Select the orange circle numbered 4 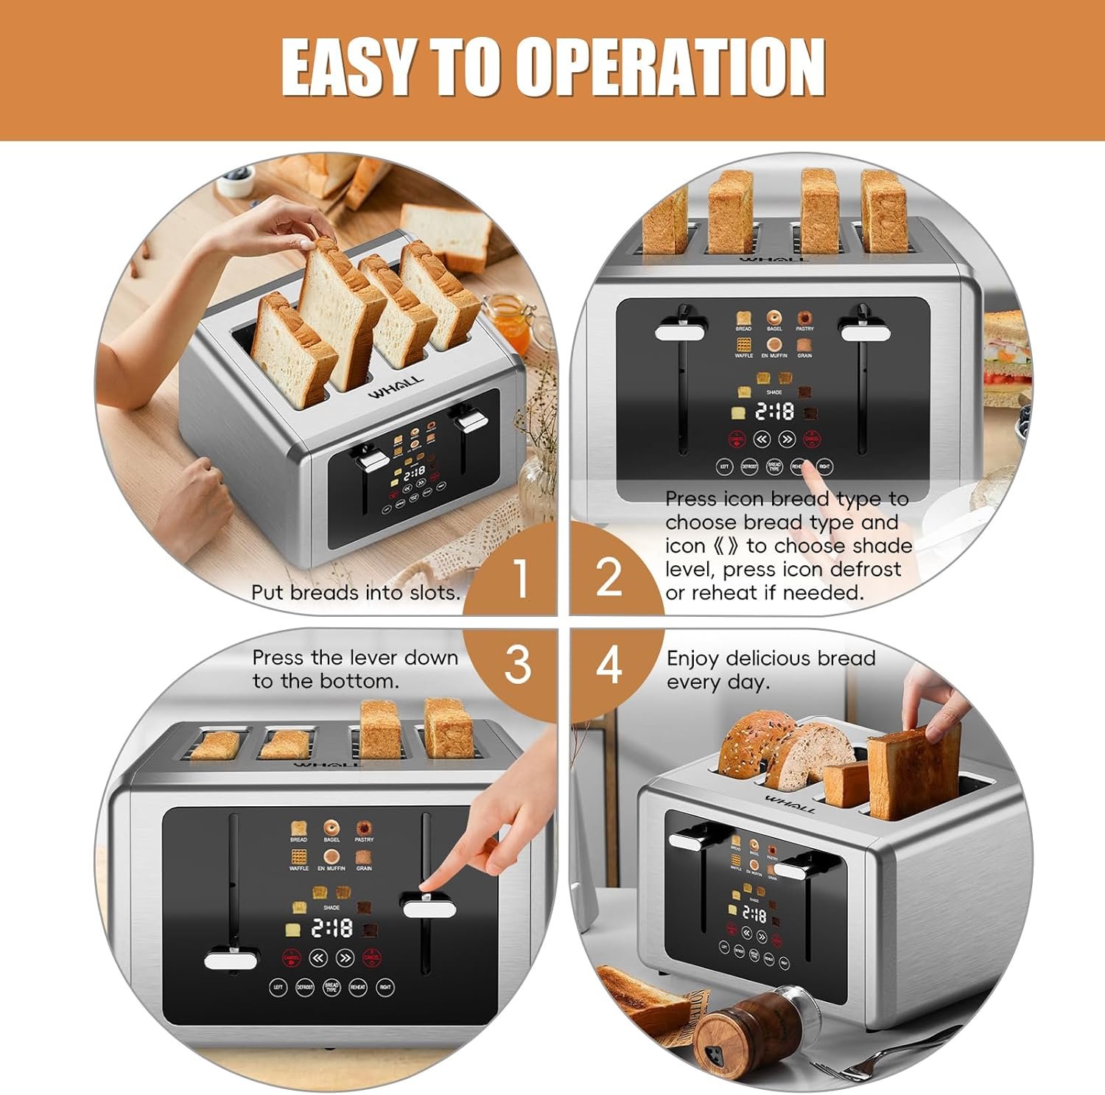click(x=608, y=665)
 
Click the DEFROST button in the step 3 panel click(x=305, y=987)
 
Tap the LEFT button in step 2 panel click(x=724, y=466)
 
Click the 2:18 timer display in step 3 click(x=331, y=928)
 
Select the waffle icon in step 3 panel click(x=299, y=856)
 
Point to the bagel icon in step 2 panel click(x=773, y=318)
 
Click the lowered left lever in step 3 click(x=231, y=960)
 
